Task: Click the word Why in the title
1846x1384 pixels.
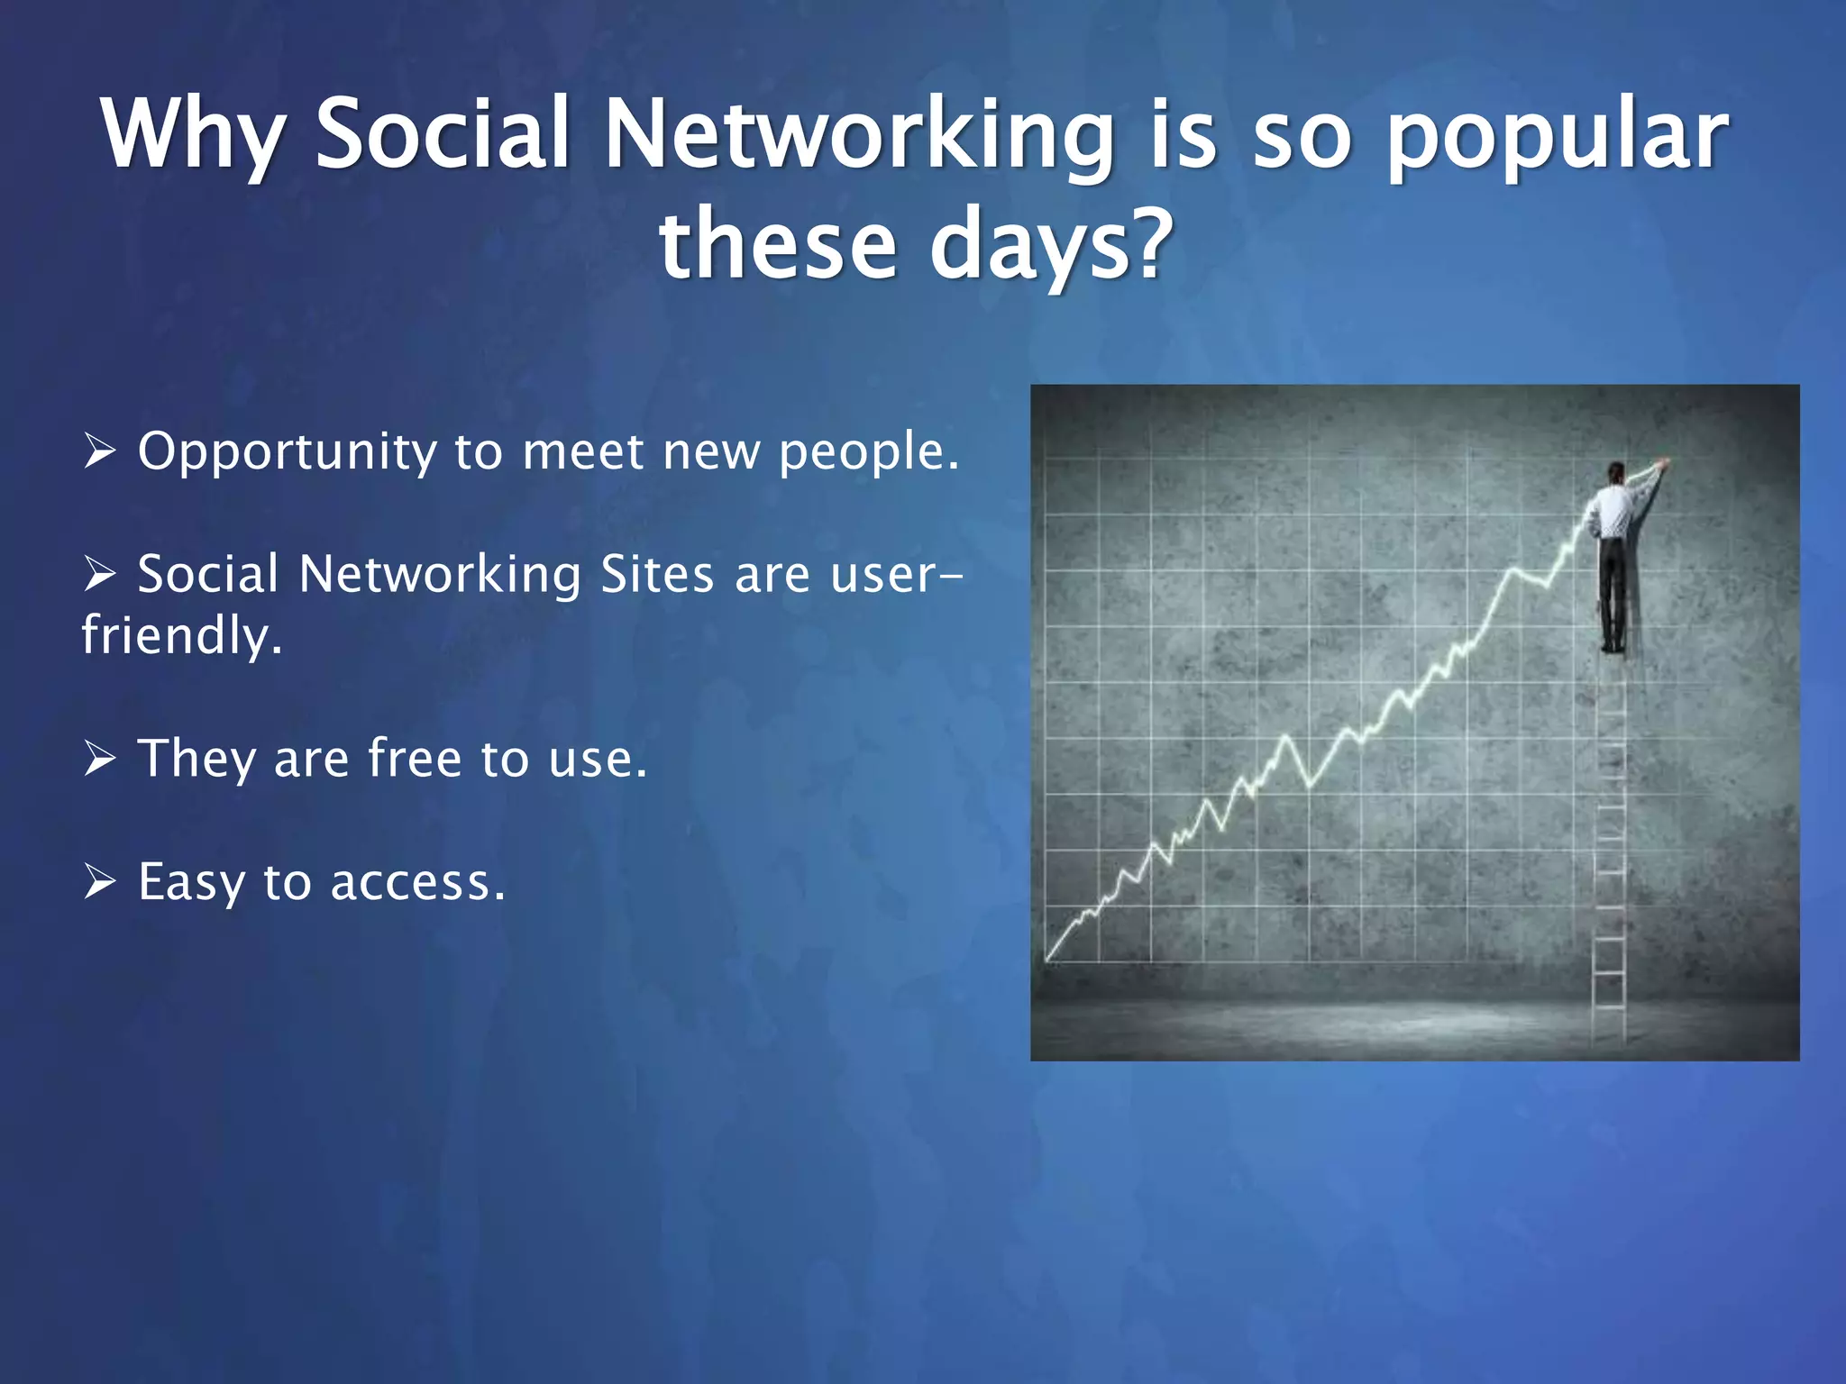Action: coord(192,135)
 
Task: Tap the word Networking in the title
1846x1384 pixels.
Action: coord(858,135)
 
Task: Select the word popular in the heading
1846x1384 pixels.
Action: coord(1556,135)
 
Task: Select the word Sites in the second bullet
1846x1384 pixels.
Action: coord(657,574)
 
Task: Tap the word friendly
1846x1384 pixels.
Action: coord(180,635)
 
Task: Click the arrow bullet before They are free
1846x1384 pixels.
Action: coord(99,757)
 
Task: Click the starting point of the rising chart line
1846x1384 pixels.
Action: coord(1048,959)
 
